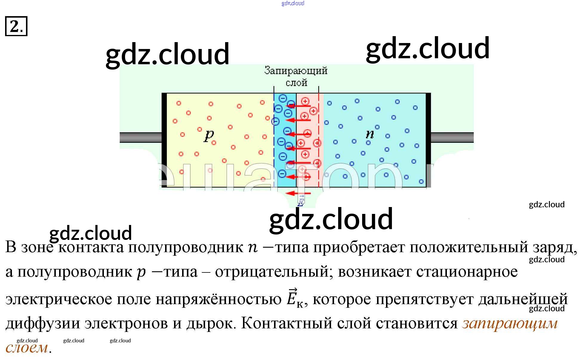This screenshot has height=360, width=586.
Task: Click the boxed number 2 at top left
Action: pos(16,26)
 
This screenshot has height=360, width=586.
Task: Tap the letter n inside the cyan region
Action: pos(370,134)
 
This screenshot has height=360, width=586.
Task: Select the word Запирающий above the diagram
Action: pos(296,71)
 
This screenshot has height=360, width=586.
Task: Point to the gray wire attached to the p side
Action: pos(140,137)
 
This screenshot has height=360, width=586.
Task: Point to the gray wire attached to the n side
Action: pos(452,137)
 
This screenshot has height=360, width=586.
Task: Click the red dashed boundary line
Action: pos(319,140)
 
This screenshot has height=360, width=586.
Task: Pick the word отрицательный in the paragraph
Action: pos(272,272)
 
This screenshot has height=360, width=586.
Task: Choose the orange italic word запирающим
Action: pos(510,323)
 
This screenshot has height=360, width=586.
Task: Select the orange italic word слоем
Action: pos(27,348)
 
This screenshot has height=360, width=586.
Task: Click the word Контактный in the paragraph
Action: pos(287,323)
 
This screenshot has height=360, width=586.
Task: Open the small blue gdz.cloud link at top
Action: pos(293,3)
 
